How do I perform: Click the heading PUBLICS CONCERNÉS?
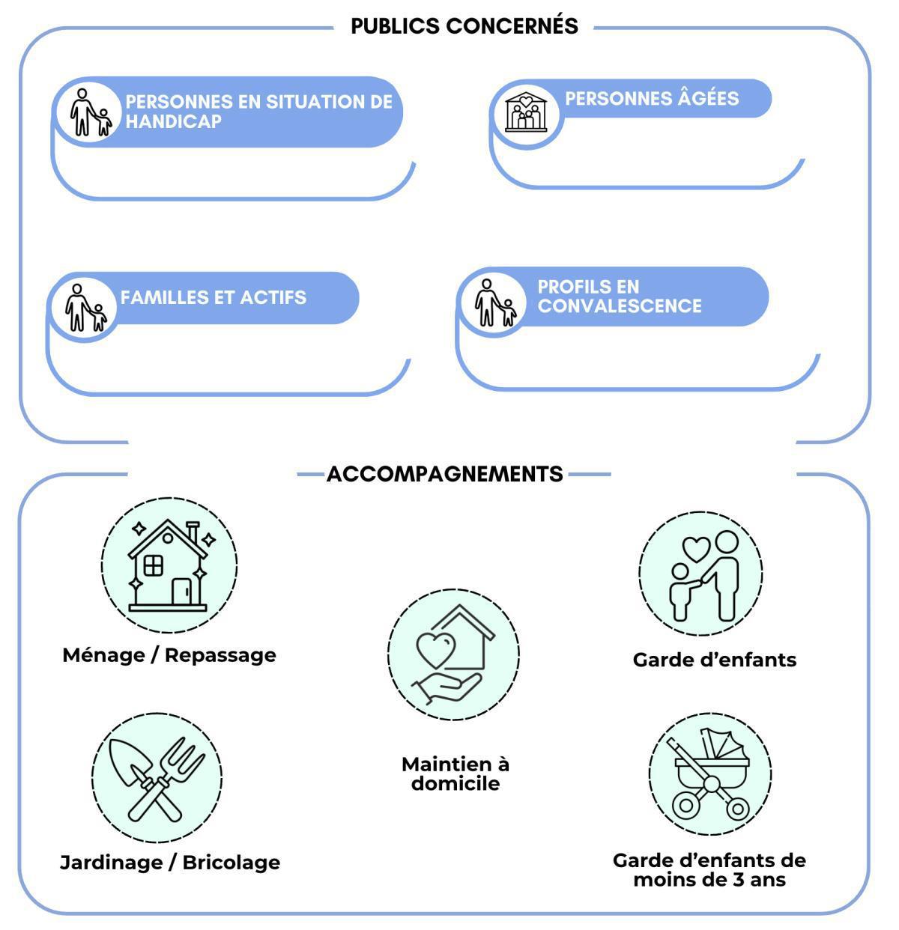click(x=464, y=26)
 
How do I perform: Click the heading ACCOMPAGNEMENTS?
click(x=444, y=474)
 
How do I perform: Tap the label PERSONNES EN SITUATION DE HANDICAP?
click(x=258, y=112)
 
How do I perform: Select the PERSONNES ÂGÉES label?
click(x=652, y=98)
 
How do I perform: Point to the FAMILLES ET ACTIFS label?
click(x=214, y=297)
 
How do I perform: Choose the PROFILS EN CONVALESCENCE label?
click(x=620, y=297)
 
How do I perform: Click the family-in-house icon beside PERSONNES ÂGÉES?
click(x=526, y=112)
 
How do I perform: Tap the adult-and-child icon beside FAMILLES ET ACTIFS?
click(x=85, y=308)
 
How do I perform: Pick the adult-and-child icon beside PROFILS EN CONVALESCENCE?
click(x=494, y=303)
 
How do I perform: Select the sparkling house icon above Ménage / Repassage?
click(x=169, y=563)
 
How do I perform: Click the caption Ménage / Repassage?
click(x=169, y=655)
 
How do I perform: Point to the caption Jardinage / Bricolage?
click(x=170, y=863)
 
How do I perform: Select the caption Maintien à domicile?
click(x=455, y=774)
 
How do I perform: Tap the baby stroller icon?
click(x=709, y=774)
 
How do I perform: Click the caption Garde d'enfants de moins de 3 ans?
click(x=709, y=869)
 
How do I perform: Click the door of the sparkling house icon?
click(x=181, y=592)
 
